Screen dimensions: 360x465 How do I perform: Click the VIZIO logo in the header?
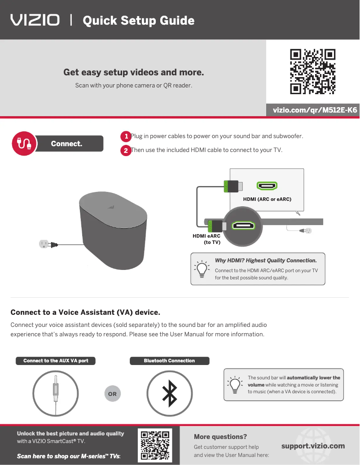[x=35, y=20]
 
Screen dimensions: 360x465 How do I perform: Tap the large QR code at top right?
[x=312, y=71]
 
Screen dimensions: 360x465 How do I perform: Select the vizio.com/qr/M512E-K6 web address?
[x=315, y=110]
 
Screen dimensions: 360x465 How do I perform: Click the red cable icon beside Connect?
[x=24, y=143]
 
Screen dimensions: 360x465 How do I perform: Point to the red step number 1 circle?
[x=126, y=136]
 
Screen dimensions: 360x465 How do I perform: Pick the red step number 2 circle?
[x=126, y=150]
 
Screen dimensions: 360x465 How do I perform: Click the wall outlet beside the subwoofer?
[x=44, y=244]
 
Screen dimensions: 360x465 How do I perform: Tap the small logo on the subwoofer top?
[x=111, y=207]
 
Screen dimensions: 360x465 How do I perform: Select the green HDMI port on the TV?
[x=267, y=186]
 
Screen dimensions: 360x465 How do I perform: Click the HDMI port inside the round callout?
[x=243, y=226]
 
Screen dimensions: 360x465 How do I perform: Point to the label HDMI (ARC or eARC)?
[x=267, y=199]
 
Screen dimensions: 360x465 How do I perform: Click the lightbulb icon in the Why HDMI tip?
[x=202, y=269]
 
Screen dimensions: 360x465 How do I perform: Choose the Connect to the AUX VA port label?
[x=56, y=361]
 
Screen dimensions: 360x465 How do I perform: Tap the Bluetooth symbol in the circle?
[x=170, y=394]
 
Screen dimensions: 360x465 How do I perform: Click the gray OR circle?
[x=113, y=394]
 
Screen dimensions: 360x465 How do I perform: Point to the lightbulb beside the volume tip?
[x=235, y=385]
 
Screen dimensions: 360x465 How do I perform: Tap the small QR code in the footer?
[x=155, y=445]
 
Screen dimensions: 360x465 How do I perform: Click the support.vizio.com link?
[x=313, y=446]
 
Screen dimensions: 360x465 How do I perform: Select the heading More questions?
[x=220, y=437]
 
